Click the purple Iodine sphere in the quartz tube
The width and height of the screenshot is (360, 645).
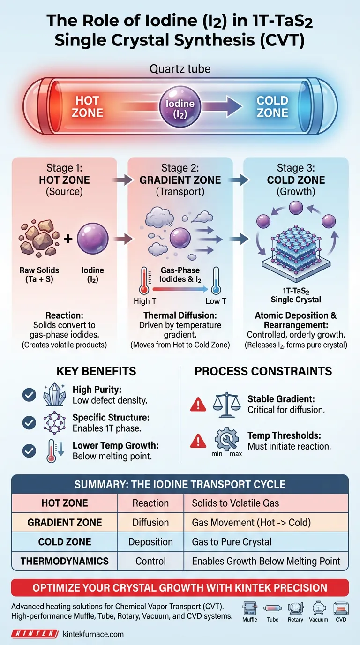tap(180, 107)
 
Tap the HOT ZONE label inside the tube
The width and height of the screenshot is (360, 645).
tap(88, 107)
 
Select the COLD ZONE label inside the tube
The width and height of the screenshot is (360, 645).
tap(272, 107)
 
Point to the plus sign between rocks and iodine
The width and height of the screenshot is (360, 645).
tap(68, 239)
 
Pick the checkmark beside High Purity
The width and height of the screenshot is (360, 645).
tap(29, 395)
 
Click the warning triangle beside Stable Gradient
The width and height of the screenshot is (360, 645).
tap(198, 404)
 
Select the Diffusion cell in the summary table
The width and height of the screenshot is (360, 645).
tap(150, 523)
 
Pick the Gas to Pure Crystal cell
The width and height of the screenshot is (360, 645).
tap(232, 542)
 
